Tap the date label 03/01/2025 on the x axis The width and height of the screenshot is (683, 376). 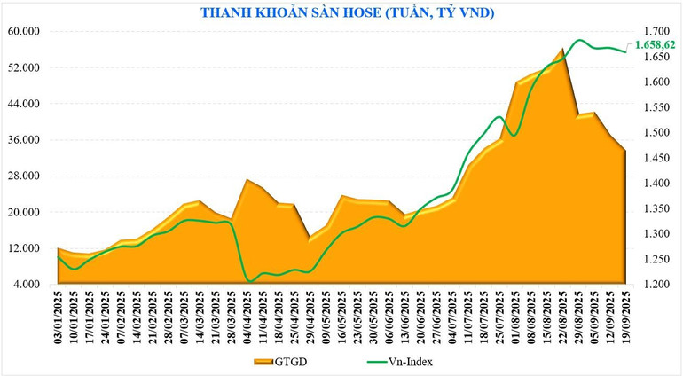point(59,318)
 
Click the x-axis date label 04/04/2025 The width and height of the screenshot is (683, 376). point(247,318)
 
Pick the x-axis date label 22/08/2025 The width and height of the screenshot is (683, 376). point(563,318)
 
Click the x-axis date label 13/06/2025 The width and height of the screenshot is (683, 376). point(405,318)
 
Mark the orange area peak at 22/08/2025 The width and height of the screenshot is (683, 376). point(562,50)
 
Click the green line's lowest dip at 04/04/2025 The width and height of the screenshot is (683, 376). point(248,281)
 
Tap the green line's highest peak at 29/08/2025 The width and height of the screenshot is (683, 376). point(579,40)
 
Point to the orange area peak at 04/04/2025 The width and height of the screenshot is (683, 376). point(247,180)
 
